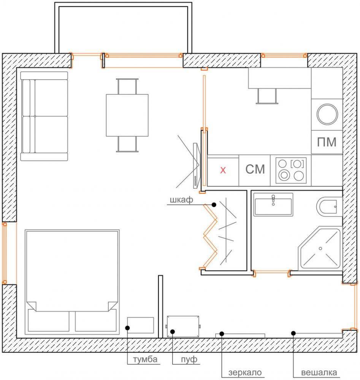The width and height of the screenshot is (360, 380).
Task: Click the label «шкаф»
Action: pyautogui.click(x=181, y=200)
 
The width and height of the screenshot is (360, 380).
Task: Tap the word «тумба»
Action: pyautogui.click(x=145, y=359)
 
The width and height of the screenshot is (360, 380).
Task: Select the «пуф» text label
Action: pyautogui.click(x=189, y=359)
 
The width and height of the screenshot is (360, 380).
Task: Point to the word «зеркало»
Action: pyautogui.click(x=245, y=372)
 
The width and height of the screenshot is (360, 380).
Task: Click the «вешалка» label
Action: pyautogui.click(x=319, y=372)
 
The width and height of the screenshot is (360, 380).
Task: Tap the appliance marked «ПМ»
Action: pyautogui.click(x=327, y=142)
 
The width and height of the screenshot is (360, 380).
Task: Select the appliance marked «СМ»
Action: pyautogui.click(x=255, y=170)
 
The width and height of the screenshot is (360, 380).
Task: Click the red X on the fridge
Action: pyautogui.click(x=223, y=170)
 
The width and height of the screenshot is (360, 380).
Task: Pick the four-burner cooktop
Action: pyautogui.click(x=291, y=170)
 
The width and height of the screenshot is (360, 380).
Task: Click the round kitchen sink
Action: pyautogui.click(x=327, y=114)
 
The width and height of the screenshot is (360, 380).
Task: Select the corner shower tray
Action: pyautogui.click(x=320, y=249)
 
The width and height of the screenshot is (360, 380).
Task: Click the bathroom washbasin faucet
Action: pyautogui.click(x=273, y=200)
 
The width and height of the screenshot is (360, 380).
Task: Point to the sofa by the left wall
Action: pyautogui.click(x=44, y=116)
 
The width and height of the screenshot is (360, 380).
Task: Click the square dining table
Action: pyautogui.click(x=127, y=115)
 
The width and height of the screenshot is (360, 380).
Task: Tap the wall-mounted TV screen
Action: pyautogui.click(x=196, y=166)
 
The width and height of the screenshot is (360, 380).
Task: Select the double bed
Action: pyautogui.click(x=72, y=282)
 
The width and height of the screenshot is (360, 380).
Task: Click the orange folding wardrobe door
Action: pyautogui.click(x=210, y=236)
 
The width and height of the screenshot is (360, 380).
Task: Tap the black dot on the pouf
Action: pyautogui.click(x=172, y=331)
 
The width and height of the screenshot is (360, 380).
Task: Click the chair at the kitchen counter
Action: pyautogui.click(x=267, y=96)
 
